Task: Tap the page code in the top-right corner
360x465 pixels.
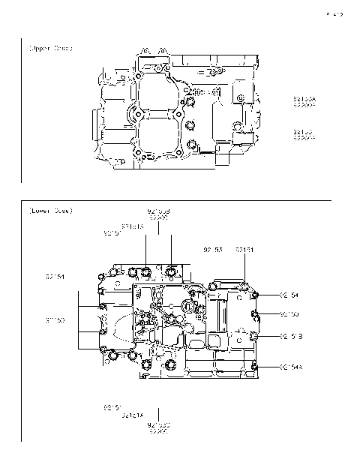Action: point(334,13)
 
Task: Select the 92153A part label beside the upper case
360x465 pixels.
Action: point(304,98)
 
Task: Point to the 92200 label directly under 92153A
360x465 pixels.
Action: point(304,105)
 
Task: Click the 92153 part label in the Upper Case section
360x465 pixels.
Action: point(304,132)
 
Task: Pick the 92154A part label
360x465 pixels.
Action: point(295,366)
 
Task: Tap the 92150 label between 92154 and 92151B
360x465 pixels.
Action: point(289,313)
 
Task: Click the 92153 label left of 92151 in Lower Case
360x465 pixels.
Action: point(213,248)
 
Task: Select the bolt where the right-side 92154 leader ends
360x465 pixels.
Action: point(255,295)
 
